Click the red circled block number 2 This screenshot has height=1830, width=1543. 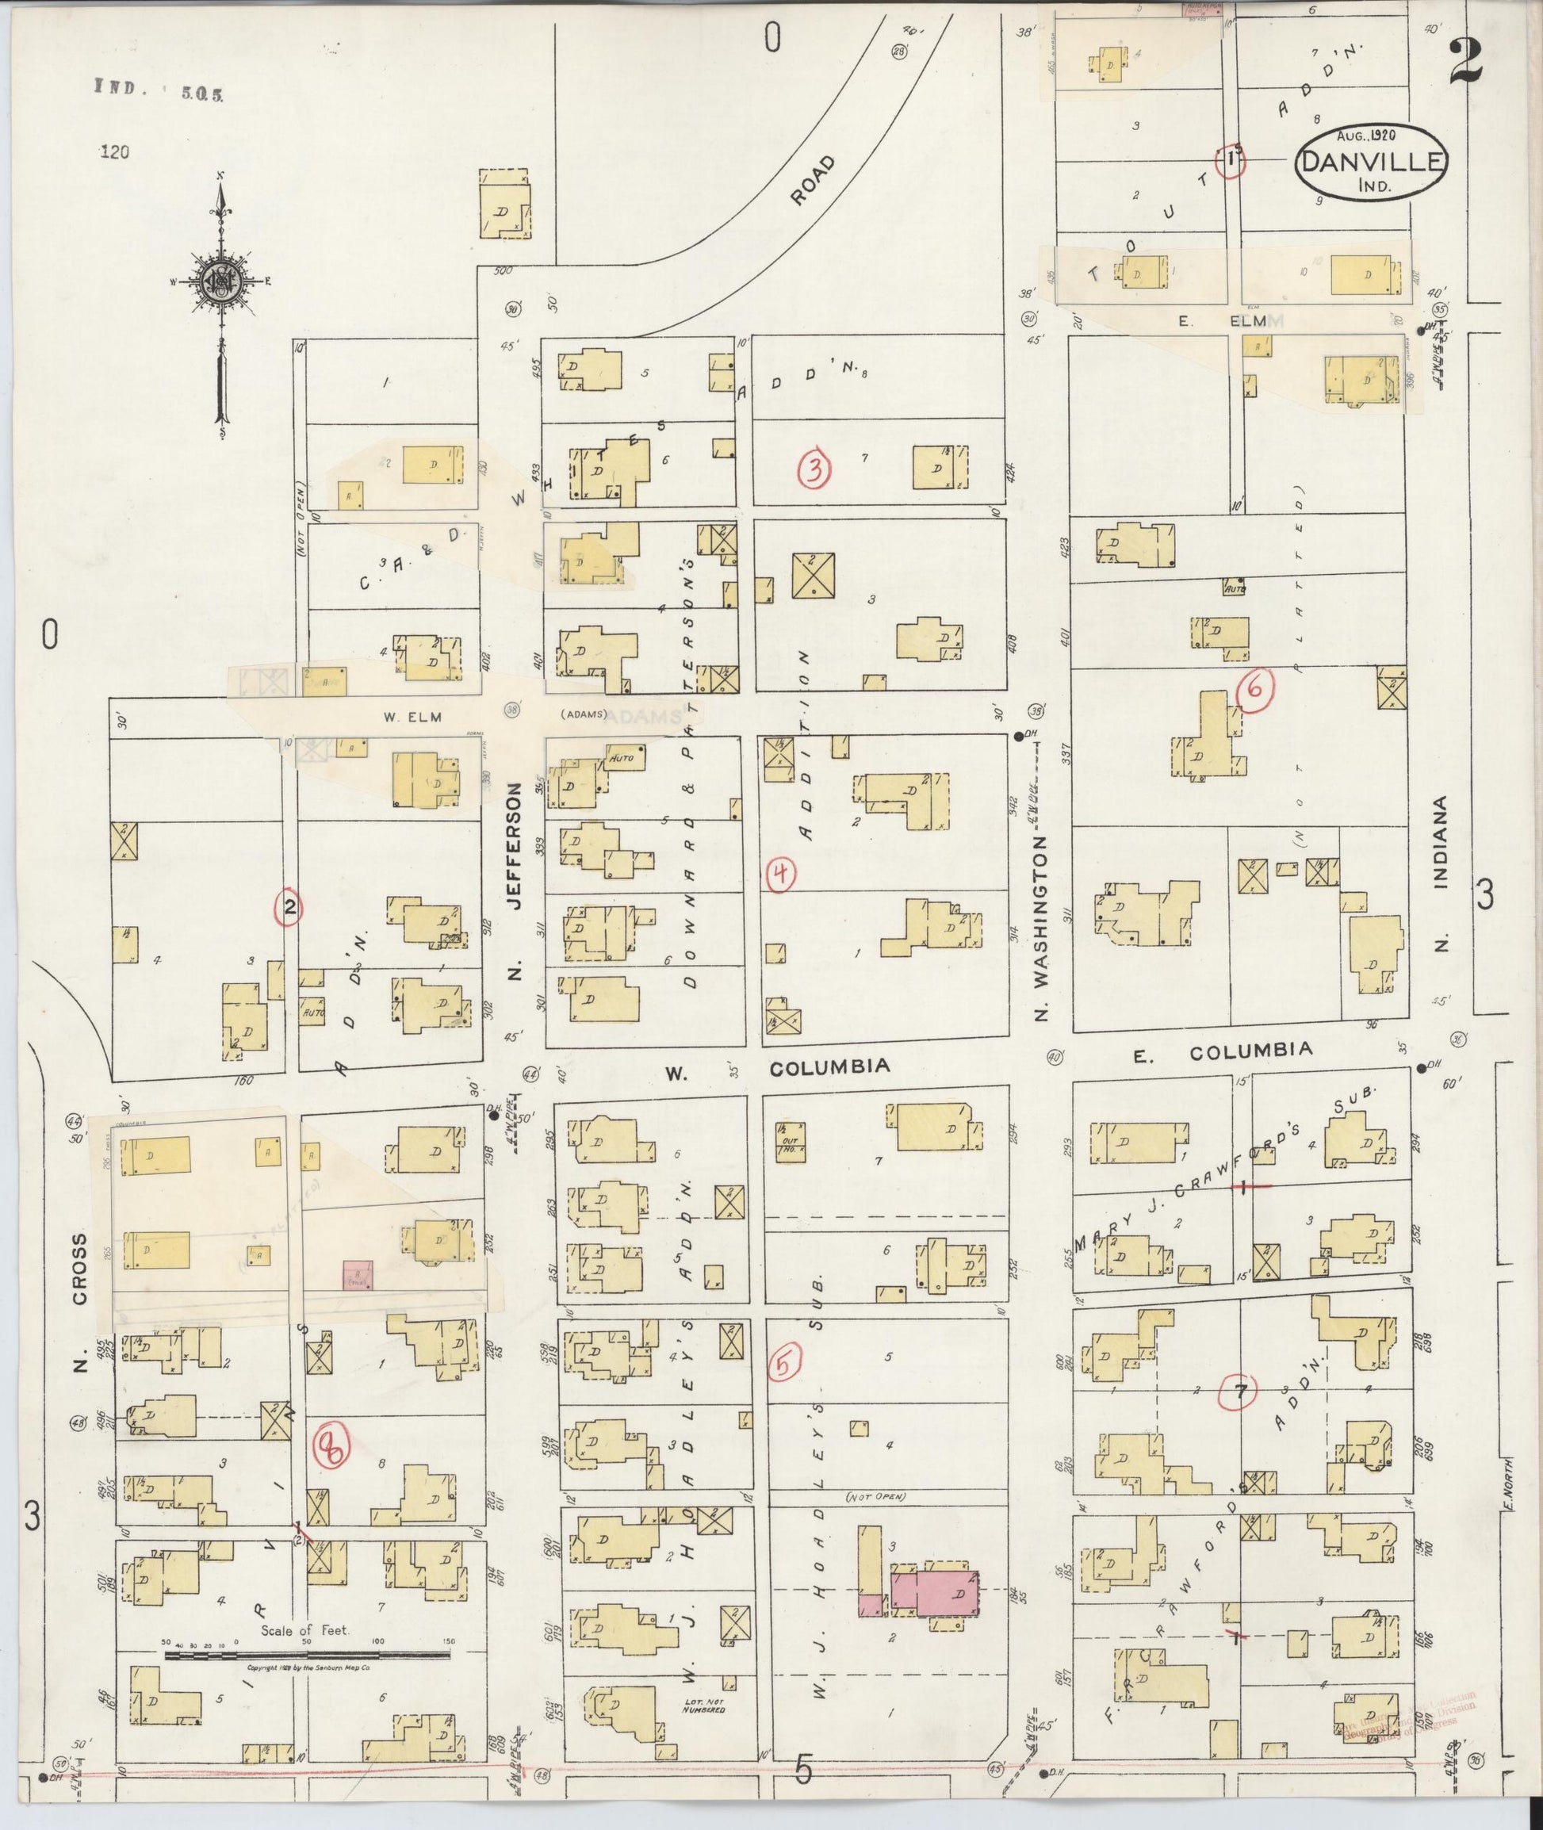pos(289,907)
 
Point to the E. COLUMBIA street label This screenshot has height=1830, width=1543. pos(1223,1052)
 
